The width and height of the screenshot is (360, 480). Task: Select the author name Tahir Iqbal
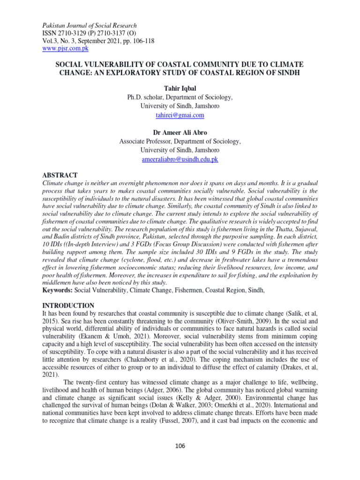180,88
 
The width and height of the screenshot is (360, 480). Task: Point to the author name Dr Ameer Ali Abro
180,133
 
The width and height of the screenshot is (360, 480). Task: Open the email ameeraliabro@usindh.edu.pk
180,159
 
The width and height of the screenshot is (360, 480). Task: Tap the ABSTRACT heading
60,175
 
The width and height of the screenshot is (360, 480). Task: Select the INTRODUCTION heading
68,306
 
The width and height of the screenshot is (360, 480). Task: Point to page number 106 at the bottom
180,446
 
